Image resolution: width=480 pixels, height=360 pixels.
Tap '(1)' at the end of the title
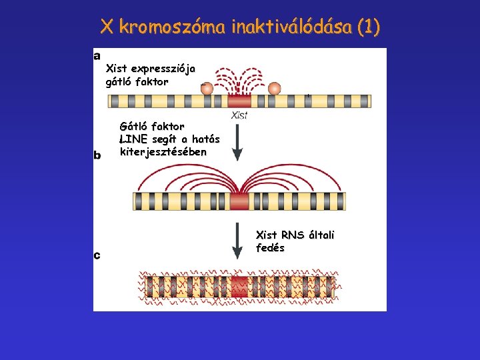tap(367, 27)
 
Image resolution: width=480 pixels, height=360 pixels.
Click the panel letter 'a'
tap(97, 55)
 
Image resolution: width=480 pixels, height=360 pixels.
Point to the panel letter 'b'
tap(97, 155)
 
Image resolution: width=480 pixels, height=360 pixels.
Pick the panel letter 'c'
tap(97, 255)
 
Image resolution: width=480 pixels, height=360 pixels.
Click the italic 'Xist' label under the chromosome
tap(239, 115)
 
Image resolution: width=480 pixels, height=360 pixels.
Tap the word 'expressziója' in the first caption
tap(163, 69)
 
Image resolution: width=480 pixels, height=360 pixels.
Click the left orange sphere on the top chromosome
tap(207, 88)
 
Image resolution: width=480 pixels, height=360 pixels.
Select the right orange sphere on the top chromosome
tap(274, 88)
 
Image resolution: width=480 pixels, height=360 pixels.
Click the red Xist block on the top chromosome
tap(239, 101)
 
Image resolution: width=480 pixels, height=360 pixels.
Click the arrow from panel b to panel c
tap(237, 242)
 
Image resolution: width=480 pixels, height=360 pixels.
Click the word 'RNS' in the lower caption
tap(292, 235)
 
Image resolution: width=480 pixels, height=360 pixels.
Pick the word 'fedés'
tap(270, 248)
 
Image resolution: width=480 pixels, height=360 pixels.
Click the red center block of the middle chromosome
tap(239, 201)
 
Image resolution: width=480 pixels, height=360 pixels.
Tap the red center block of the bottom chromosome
tap(239, 287)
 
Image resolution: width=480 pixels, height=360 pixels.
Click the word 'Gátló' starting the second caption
tap(134, 125)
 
